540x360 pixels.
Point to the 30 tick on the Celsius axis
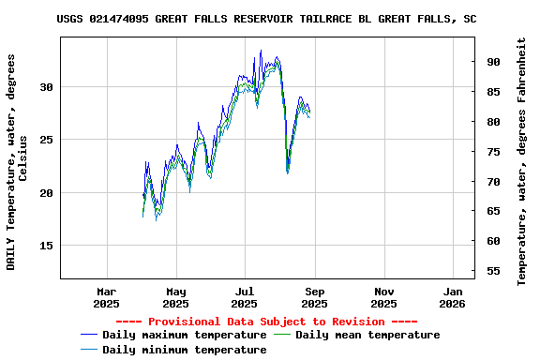coord(47,87)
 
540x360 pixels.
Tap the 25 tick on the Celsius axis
coord(47,140)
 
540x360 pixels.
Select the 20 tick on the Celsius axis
coord(47,193)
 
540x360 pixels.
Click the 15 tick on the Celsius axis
coord(47,246)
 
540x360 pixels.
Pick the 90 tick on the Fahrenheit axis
coord(493,62)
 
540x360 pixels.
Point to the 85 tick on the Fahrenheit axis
coord(493,92)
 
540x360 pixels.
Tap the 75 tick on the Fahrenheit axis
coord(493,152)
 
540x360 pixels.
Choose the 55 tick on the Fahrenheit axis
coord(493,271)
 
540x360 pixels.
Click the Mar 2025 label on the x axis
coord(107,296)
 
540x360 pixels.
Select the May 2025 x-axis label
coord(175,296)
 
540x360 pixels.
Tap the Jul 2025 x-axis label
coord(244,296)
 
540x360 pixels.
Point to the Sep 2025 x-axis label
coord(314,296)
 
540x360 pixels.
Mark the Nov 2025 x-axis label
coord(383,296)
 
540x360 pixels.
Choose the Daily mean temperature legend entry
coord(367,335)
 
